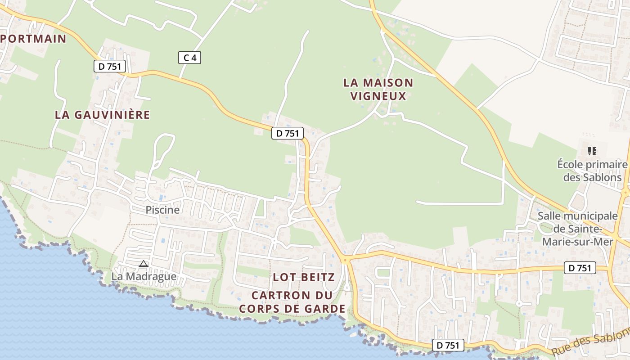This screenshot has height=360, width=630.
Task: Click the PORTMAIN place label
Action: [x=34, y=39]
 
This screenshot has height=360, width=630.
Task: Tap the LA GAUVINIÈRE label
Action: [x=102, y=115]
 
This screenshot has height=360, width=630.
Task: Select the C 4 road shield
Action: [x=189, y=58]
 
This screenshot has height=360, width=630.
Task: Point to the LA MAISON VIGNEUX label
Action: [x=378, y=89]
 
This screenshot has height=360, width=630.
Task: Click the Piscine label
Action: [x=162, y=210]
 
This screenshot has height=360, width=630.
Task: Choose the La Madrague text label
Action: [x=144, y=276]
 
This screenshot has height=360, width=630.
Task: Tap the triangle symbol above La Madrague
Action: [x=144, y=264]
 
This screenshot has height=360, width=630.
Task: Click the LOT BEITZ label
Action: [x=304, y=277]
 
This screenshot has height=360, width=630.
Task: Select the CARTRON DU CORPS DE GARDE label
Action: [x=292, y=302]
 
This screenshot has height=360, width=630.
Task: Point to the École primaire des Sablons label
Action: [x=592, y=171]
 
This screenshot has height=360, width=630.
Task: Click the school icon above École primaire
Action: [x=592, y=151]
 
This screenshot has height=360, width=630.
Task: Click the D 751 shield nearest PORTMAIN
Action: [x=110, y=67]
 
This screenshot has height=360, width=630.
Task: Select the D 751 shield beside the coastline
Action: [x=448, y=345]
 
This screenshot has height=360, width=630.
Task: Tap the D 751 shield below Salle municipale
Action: [x=580, y=268]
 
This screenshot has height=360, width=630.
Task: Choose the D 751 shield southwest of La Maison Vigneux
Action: [x=288, y=133]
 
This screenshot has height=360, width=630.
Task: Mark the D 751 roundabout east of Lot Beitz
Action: [x=345, y=260]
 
